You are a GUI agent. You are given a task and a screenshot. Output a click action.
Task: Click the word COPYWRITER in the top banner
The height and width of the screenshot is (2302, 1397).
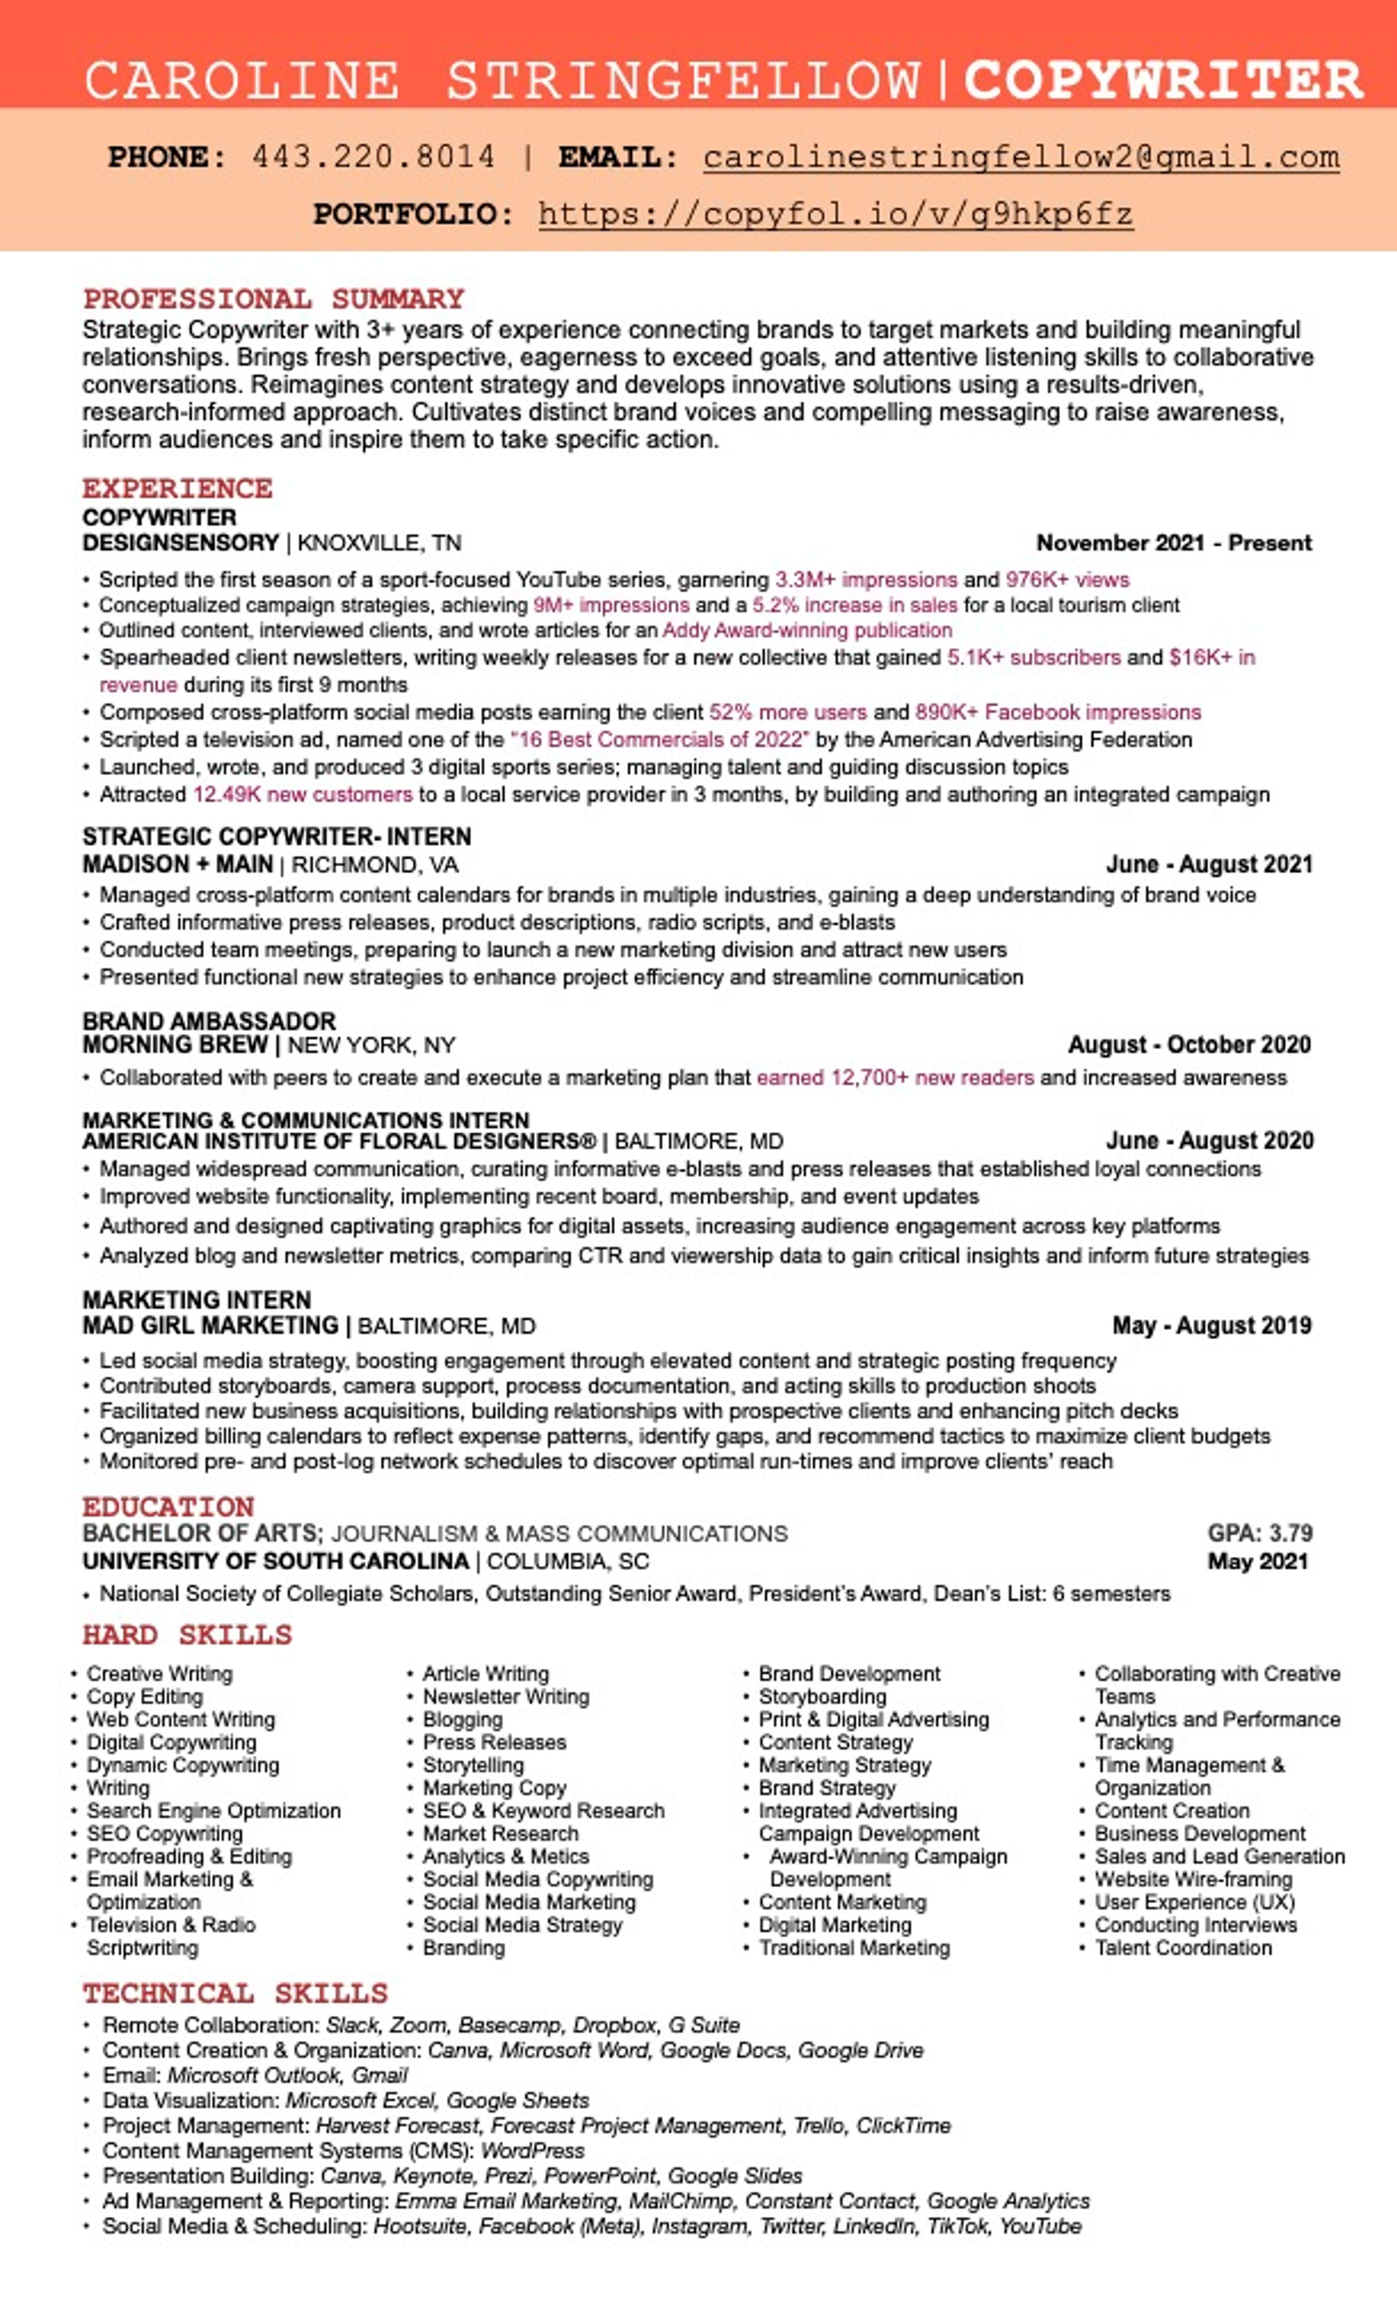pyautogui.click(x=1163, y=80)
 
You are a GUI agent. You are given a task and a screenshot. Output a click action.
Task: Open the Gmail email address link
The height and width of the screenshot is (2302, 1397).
pyautogui.click(x=1021, y=157)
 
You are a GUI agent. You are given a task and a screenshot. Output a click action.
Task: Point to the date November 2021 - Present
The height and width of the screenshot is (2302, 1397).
pyautogui.click(x=1174, y=543)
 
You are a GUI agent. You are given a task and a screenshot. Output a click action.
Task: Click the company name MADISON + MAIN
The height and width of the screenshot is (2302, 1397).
pyautogui.click(x=178, y=864)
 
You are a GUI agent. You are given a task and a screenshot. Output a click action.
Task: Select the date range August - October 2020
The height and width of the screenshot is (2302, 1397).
pyautogui.click(x=1189, y=1045)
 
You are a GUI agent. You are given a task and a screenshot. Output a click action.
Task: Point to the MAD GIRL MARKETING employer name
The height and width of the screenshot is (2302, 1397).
pyautogui.click(x=210, y=1326)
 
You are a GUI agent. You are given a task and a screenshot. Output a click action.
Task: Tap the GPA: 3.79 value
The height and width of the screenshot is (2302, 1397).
pyautogui.click(x=1260, y=1533)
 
